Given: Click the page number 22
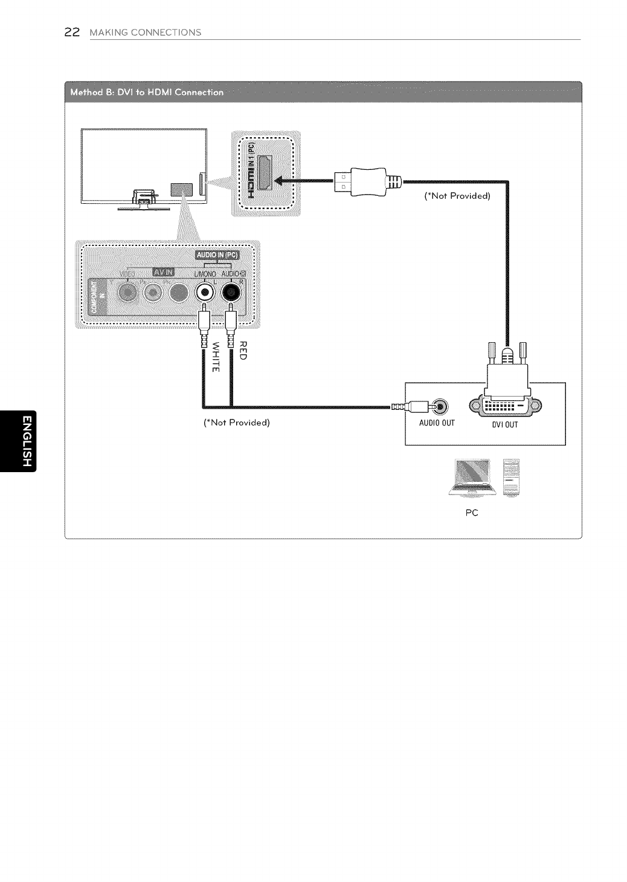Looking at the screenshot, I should pyautogui.click(x=72, y=32).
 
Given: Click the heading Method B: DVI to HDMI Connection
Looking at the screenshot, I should pyautogui.click(x=147, y=92).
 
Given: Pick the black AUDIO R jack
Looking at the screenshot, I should pyautogui.click(x=231, y=293).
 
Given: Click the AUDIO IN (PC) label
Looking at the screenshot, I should pyautogui.click(x=217, y=255).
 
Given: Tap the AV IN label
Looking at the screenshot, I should pyautogui.click(x=162, y=273).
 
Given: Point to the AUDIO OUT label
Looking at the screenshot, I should pyautogui.click(x=437, y=423).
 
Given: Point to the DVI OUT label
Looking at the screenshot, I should pyautogui.click(x=504, y=425).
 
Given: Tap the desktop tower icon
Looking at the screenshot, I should pyautogui.click(x=511, y=477).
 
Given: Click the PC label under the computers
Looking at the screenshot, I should pyautogui.click(x=472, y=513).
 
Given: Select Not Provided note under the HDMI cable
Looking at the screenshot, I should pyautogui.click(x=458, y=196).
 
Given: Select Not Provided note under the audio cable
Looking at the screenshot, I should pyautogui.click(x=237, y=422).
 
